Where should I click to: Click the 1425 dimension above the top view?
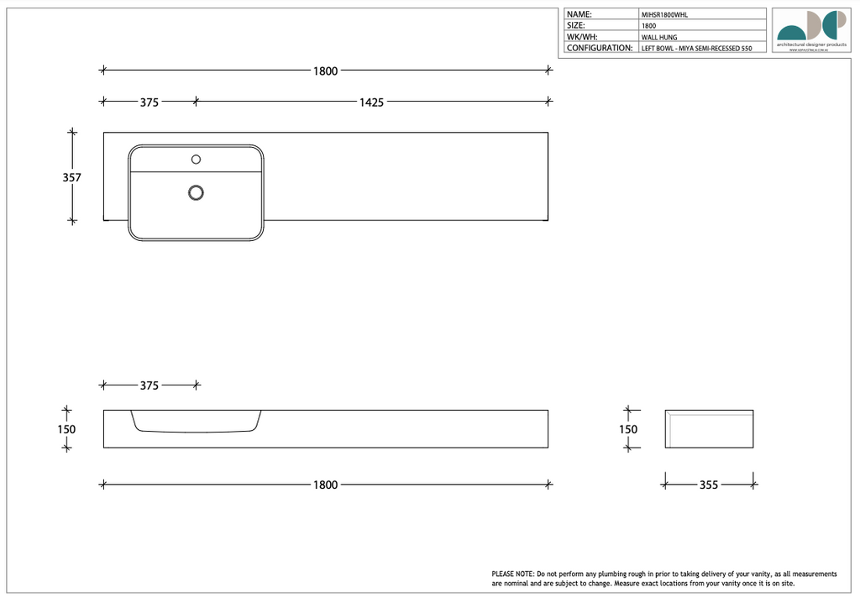pyautogui.click(x=371, y=102)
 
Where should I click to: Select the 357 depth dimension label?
pyautogui.click(x=72, y=177)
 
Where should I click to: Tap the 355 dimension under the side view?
pyautogui.click(x=709, y=485)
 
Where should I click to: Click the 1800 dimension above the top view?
pyautogui.click(x=325, y=71)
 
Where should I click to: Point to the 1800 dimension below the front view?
pyautogui.click(x=325, y=485)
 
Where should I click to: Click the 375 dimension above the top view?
pyautogui.click(x=149, y=102)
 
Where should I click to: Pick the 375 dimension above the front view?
pyautogui.click(x=149, y=385)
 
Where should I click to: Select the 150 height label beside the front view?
pyautogui.click(x=66, y=429)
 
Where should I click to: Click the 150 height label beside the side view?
pyautogui.click(x=627, y=429)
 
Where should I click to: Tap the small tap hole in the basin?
pyautogui.click(x=197, y=159)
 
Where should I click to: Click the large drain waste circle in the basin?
pyautogui.click(x=197, y=192)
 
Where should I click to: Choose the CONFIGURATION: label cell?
pyautogui.click(x=600, y=48)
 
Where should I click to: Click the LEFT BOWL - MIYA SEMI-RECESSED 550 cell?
pyautogui.click(x=696, y=49)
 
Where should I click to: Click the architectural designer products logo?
pyautogui.click(x=810, y=29)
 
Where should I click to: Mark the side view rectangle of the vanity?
pyautogui.click(x=709, y=429)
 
